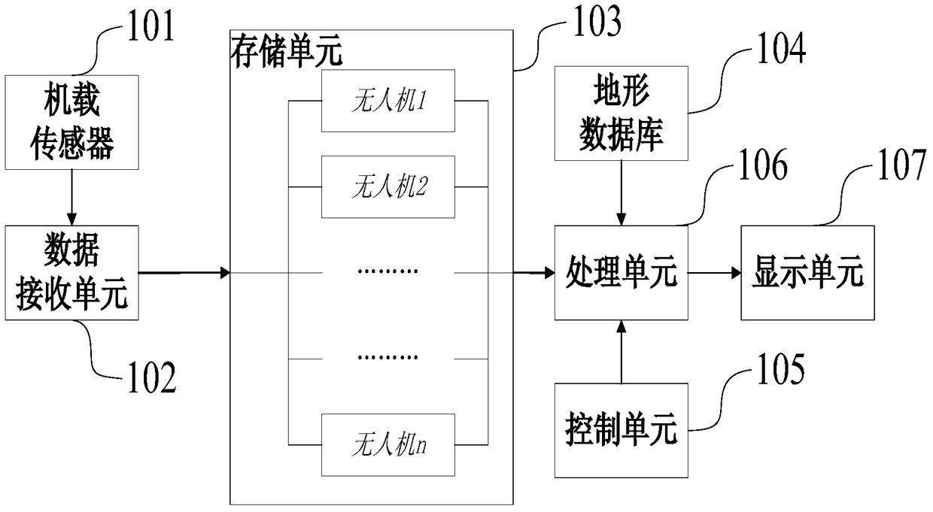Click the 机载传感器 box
pos(71,122)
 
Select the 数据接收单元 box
pos(71,271)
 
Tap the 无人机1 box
pos(388,101)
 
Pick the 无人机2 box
pos(388,187)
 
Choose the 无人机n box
pos(388,444)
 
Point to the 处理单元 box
pos(621,272)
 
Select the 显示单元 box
pos(809,272)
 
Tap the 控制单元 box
pos(621,430)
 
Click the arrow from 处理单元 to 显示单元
pos(715,272)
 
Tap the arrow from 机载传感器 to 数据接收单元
pos(71,196)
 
